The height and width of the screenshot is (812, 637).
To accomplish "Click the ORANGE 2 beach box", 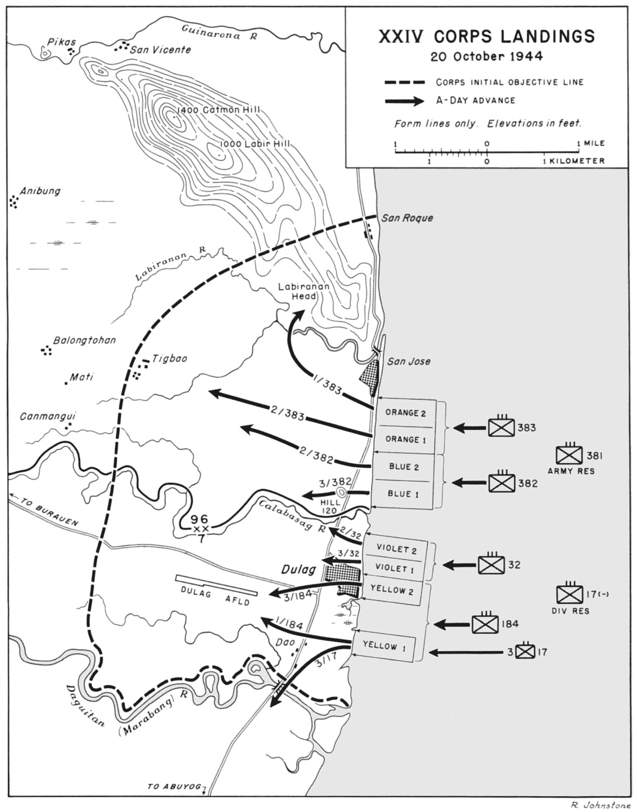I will (x=405, y=413).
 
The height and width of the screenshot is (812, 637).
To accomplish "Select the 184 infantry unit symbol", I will (x=485, y=624).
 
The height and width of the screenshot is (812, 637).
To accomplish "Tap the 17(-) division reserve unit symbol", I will (x=570, y=594).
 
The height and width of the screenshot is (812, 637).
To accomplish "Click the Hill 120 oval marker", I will (x=341, y=492).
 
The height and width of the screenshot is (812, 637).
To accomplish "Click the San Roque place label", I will (x=407, y=218).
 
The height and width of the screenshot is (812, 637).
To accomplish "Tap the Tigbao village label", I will (x=169, y=358).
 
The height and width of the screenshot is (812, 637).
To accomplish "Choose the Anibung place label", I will (x=40, y=191).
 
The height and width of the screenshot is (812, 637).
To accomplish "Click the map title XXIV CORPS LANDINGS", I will (x=486, y=36).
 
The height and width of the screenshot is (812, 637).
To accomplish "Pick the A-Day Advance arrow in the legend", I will (x=404, y=101).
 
